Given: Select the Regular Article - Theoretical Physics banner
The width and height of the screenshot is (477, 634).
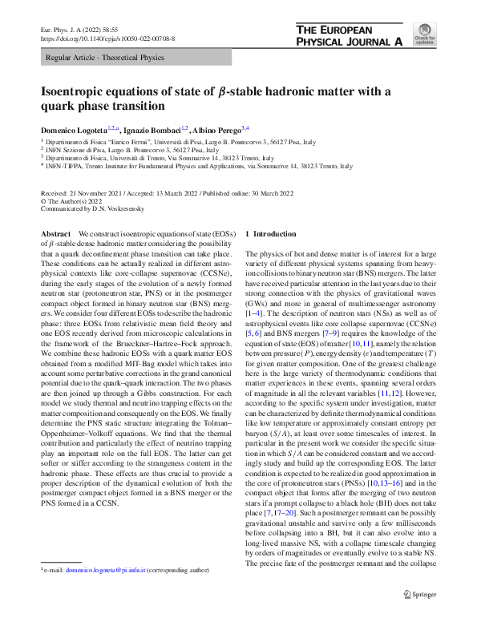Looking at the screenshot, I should pyautogui.click(x=105, y=58).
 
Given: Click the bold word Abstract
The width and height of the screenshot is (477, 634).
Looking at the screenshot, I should pyautogui.click(x=56, y=233).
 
